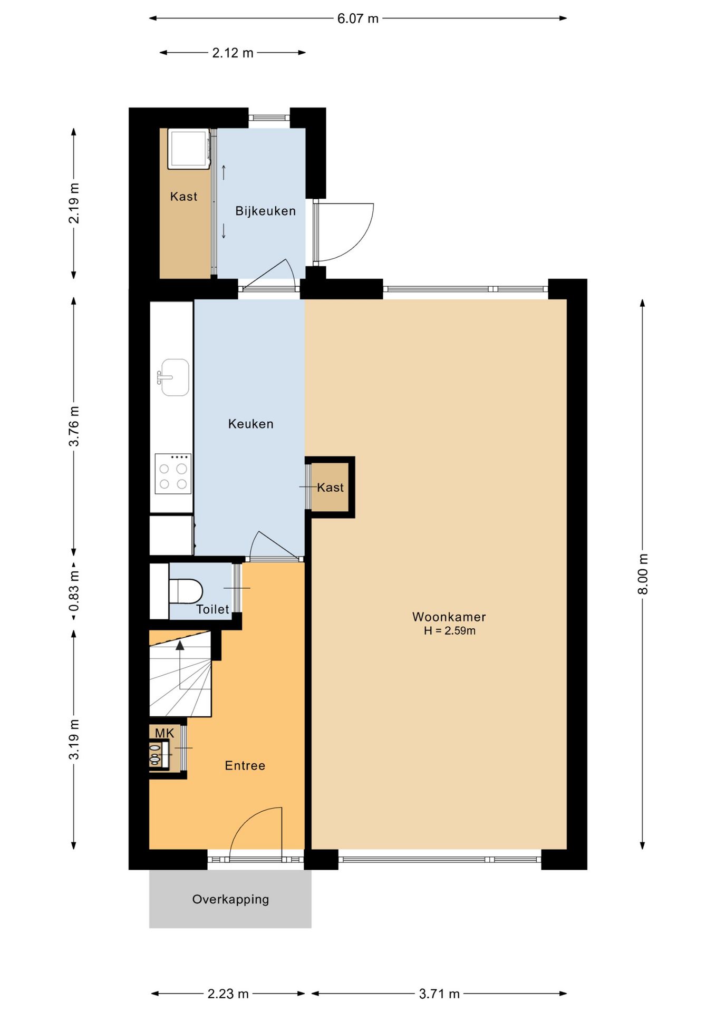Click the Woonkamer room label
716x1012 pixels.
[x=449, y=617]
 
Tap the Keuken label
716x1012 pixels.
[x=250, y=424]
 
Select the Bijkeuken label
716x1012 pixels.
[x=265, y=211]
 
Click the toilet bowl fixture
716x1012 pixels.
[x=186, y=591]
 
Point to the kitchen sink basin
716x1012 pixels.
[x=175, y=377]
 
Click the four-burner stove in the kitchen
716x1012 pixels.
[x=173, y=474]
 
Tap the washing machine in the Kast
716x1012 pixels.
[x=189, y=149]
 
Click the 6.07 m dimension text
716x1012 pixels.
[x=358, y=18]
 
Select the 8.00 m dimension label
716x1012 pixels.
[x=642, y=574]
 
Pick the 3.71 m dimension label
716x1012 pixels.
[x=439, y=994]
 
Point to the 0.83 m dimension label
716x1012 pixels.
[x=74, y=591]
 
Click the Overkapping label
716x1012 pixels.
[x=230, y=899]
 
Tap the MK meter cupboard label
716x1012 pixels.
[x=165, y=733]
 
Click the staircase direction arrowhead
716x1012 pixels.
[x=180, y=645]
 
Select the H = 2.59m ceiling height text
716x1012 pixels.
[x=449, y=631]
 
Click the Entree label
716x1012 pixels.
[x=245, y=765]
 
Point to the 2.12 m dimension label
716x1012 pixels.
[x=233, y=53]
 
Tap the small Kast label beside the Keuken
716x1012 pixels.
[x=331, y=488]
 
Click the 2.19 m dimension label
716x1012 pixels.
[x=74, y=203]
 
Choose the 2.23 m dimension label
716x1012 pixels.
[x=228, y=994]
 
